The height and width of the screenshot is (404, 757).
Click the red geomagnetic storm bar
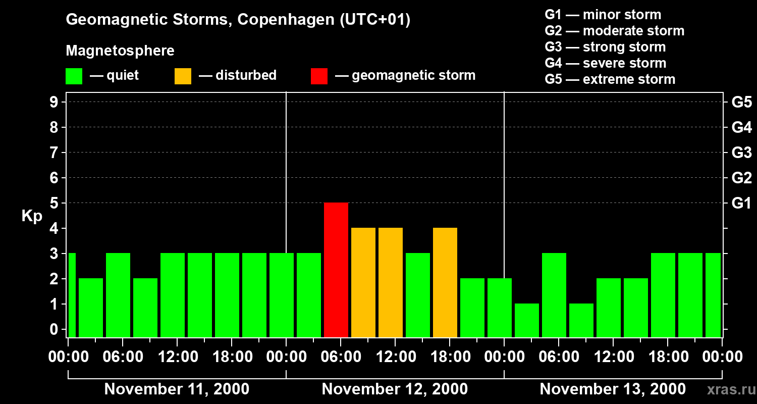[336, 270]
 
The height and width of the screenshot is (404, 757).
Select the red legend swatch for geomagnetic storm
[319, 76]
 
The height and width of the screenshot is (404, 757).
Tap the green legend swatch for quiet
[74, 76]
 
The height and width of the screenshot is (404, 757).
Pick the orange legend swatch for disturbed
[183, 76]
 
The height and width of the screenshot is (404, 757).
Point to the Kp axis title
[32, 216]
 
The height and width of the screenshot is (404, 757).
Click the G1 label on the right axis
[741, 204]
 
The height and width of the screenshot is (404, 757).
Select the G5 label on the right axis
[741, 103]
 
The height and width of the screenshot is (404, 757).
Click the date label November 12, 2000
[395, 389]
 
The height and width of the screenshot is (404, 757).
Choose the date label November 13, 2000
[613, 389]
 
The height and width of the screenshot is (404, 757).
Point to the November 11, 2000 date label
[177, 389]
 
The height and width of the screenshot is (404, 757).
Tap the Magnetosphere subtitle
[120, 51]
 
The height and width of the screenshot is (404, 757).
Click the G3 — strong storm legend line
[605, 47]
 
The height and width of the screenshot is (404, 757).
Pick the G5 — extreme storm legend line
[610, 79]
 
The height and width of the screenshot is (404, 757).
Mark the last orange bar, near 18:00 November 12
[445, 282]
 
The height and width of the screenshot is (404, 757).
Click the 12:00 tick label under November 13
[613, 357]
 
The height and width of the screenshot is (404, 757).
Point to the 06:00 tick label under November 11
[122, 357]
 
